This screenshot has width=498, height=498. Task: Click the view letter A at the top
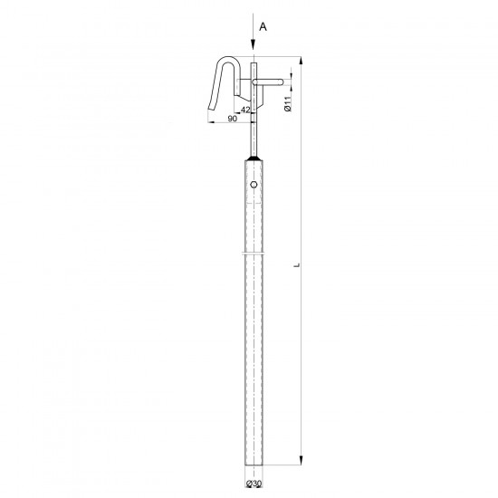tap(263, 27)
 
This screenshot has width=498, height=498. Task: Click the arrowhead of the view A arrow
tap(254, 44)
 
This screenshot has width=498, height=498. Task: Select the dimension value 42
tap(245, 110)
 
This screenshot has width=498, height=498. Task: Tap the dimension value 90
tap(233, 119)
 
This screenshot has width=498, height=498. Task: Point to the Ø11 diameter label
tap(288, 104)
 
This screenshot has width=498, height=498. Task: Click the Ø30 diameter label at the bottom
tap(254, 484)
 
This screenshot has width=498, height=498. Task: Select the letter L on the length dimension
tap(297, 264)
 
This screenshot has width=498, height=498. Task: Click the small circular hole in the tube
tap(254, 184)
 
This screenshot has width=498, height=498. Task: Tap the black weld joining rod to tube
tap(254, 158)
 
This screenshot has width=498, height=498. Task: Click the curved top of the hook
tap(228, 58)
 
